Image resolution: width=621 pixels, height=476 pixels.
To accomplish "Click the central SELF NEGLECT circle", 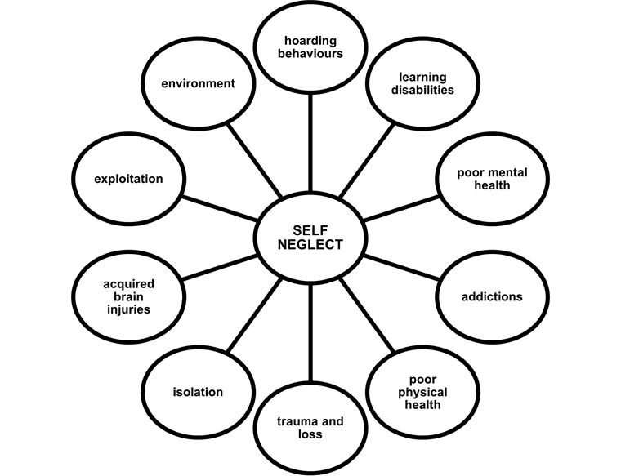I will point(310,238).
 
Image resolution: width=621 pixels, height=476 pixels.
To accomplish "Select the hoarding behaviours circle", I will point(310,47).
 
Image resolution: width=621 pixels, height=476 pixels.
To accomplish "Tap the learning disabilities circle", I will point(422,83).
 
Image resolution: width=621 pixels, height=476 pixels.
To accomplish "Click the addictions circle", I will point(492,296).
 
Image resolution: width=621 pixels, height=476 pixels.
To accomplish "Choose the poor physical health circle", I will point(422,392).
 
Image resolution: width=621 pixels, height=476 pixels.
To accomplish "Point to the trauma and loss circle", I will point(310,427).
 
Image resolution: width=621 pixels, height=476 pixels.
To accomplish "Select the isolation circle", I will point(198,392).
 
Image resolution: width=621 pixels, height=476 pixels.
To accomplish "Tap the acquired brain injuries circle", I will point(127,296).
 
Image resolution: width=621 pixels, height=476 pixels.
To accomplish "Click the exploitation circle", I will point(127,178).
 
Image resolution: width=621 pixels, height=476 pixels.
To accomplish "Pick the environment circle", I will point(198,83).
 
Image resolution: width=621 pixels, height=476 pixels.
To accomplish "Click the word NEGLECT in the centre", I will point(310,245).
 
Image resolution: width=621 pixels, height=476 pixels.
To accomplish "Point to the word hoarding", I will point(310,41).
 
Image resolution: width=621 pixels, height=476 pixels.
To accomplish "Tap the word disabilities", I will point(422,90).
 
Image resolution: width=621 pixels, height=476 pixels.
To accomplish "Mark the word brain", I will point(127,296).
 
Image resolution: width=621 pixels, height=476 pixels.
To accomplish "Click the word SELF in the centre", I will point(310,231).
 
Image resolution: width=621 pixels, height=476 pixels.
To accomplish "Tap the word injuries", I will point(127,309).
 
